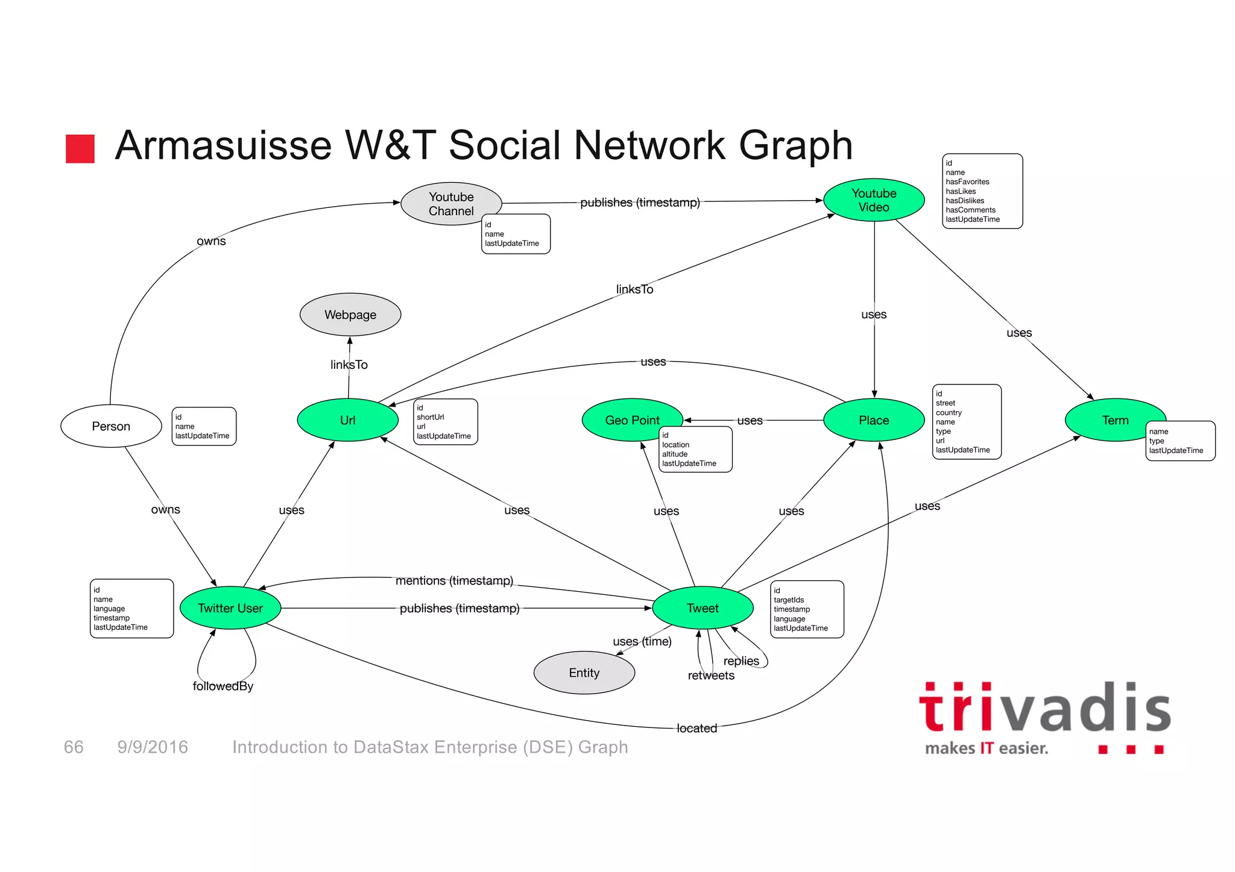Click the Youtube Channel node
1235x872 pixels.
tap(450, 204)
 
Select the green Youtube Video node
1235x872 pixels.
tap(873, 200)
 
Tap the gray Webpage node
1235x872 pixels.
tap(350, 315)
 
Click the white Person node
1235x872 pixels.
tap(111, 426)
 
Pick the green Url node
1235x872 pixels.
tap(347, 420)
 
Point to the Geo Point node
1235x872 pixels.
tap(631, 420)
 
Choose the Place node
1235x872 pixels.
tap(873, 420)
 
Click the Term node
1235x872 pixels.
tap(1114, 420)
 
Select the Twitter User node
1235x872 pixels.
tap(230, 608)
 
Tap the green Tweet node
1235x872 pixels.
tap(703, 608)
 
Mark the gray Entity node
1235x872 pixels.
tap(584, 673)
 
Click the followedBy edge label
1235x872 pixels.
tap(223, 686)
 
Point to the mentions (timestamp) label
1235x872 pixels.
tap(454, 580)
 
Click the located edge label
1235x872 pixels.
tap(696, 728)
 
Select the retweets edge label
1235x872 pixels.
tap(711, 676)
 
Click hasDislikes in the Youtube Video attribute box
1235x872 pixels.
tap(964, 201)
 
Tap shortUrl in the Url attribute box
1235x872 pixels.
tap(430, 417)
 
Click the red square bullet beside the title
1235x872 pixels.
tap(80, 149)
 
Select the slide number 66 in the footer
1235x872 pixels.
tap(74, 747)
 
